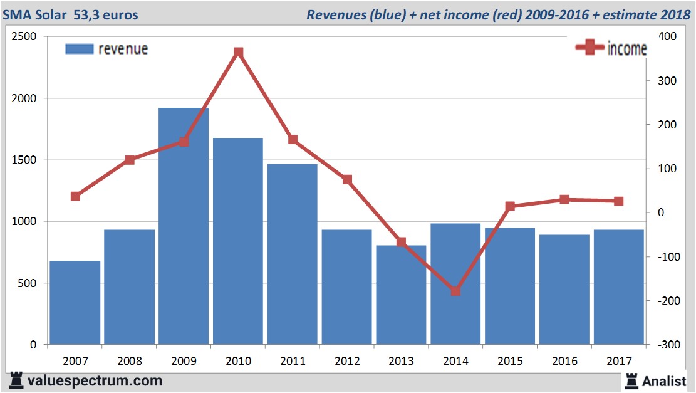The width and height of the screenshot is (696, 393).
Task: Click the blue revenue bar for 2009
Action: [x=184, y=226]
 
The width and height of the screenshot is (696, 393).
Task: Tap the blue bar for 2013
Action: [x=401, y=295]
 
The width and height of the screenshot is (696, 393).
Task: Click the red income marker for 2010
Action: [x=239, y=52]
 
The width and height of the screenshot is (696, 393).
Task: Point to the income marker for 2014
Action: [x=455, y=291]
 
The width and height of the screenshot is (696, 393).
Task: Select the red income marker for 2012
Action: [x=347, y=180]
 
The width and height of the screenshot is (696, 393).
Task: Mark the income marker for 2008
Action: [x=130, y=160]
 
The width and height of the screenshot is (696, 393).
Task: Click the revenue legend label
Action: [x=123, y=49]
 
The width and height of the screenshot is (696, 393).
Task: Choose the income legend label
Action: [x=626, y=49]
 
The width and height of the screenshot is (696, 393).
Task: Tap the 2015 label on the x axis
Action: [x=510, y=361]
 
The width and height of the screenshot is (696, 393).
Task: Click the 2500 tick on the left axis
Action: [x=24, y=37]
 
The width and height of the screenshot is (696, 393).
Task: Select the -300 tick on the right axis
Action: [x=666, y=345]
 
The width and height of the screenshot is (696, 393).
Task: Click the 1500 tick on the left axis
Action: [x=24, y=160]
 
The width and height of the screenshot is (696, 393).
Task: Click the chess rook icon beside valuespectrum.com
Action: [x=16, y=380]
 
